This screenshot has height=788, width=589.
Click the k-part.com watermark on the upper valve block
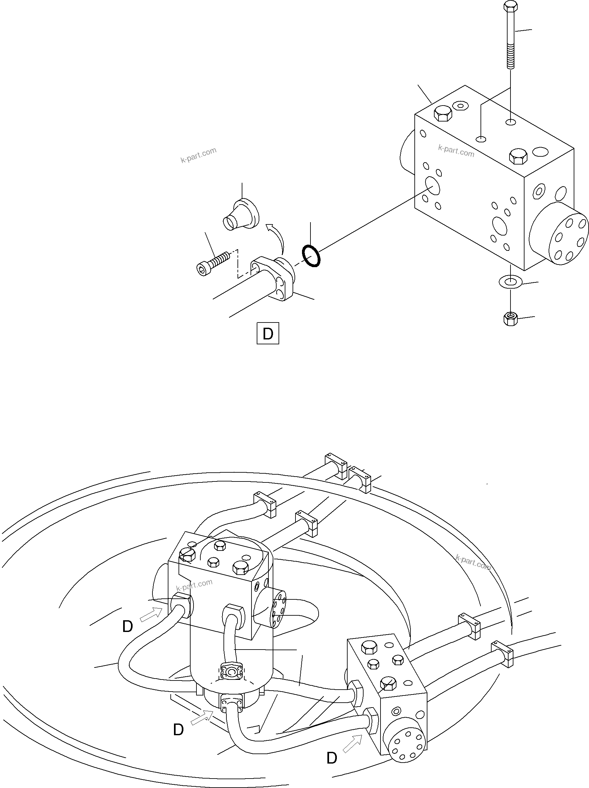456,151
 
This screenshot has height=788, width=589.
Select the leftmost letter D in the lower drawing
127,627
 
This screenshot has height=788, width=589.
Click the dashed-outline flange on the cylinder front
232,673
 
